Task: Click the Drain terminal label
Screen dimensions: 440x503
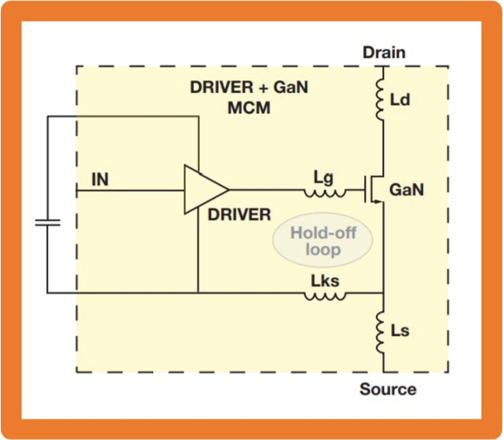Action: pyautogui.click(x=384, y=52)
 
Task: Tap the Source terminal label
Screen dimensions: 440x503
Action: pyautogui.click(x=388, y=389)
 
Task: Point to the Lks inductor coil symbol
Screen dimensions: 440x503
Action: pyautogui.click(x=325, y=296)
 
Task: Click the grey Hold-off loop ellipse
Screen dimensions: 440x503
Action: pyautogui.click(x=322, y=241)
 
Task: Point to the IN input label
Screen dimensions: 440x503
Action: pyautogui.click(x=100, y=180)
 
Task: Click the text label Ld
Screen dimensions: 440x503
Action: pyautogui.click(x=400, y=100)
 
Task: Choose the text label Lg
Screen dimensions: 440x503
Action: pyautogui.click(x=323, y=178)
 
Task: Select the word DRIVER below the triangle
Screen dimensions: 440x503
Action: pyautogui.click(x=239, y=215)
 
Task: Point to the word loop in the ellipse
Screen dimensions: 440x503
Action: pyautogui.click(x=322, y=249)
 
